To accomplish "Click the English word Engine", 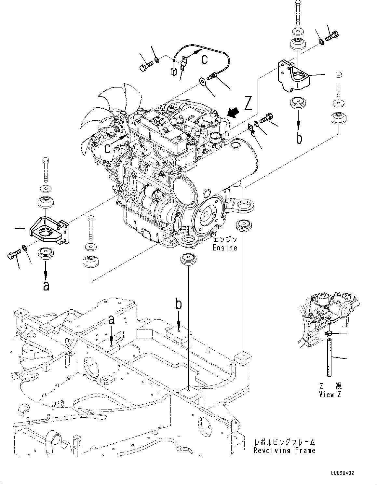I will click(225, 248).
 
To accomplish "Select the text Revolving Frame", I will click(284, 451).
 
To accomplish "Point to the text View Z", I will click(330, 395).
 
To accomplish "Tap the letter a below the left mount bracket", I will click(46, 286).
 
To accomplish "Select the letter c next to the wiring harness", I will click(204, 60).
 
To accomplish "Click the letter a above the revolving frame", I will click(111, 320).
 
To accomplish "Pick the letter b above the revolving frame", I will click(179, 304).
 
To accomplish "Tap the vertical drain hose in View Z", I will click(330, 358).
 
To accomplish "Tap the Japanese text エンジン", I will click(225, 240).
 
